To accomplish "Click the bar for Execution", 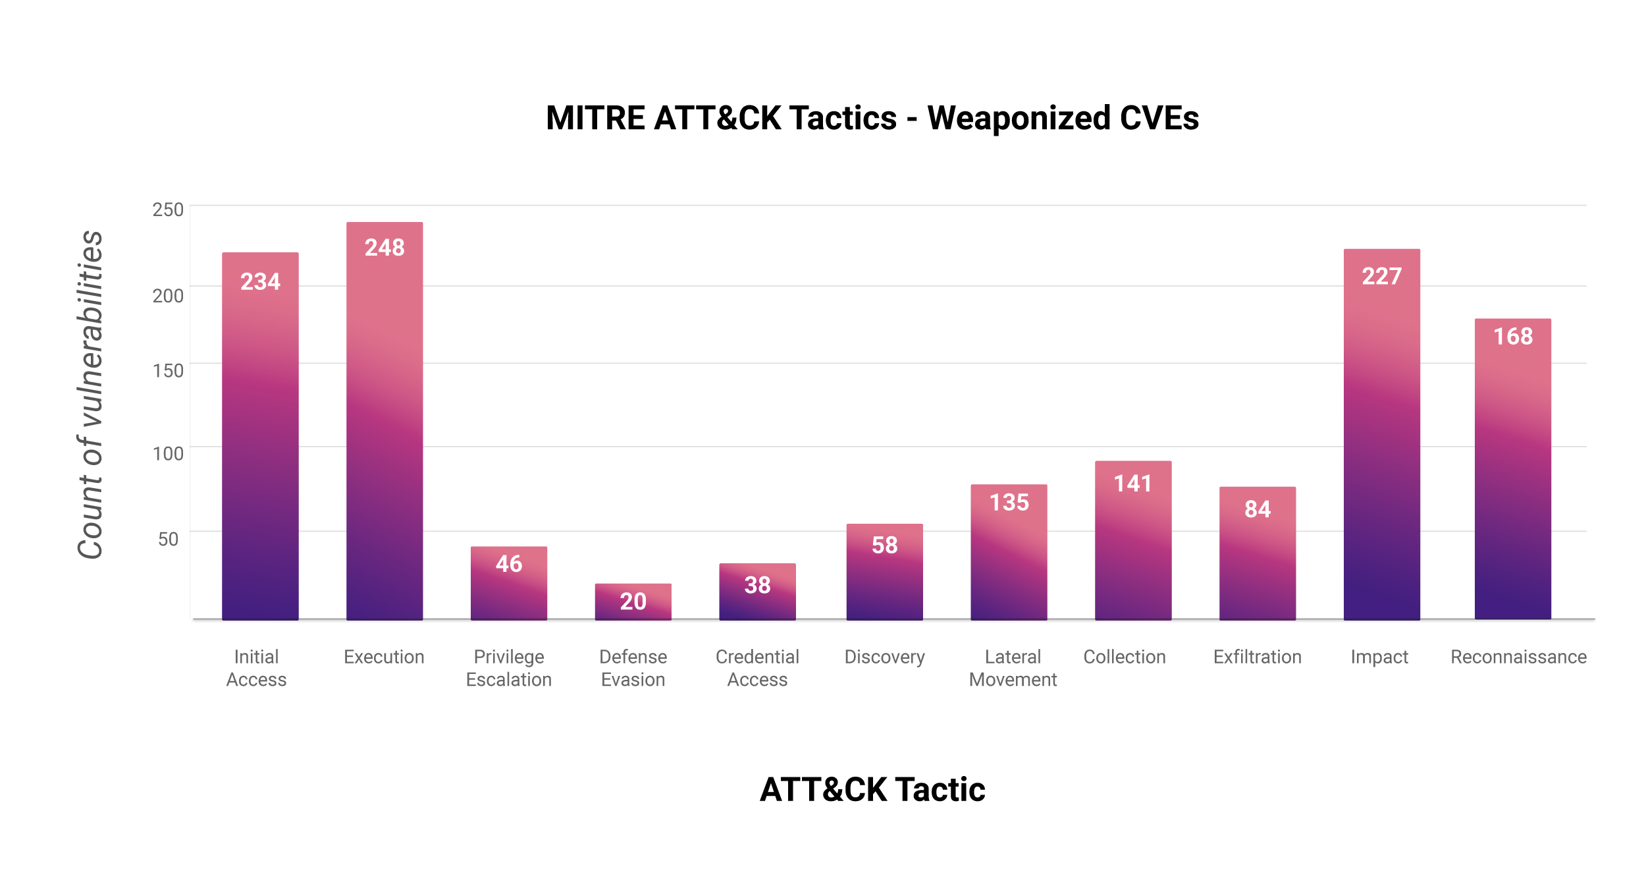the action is point(385,421).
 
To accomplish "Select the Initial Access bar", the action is point(260,436).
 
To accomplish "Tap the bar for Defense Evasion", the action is point(633,602).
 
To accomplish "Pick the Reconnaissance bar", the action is point(1513,469).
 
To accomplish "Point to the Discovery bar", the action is point(885,572).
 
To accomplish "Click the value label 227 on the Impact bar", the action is point(1382,276).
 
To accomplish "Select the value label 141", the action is point(1133,484).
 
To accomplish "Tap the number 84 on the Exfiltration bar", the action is point(1258,509).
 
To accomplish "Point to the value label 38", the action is point(757,585).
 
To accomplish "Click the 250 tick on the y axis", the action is point(168,209).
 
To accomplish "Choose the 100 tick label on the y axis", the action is point(168,453).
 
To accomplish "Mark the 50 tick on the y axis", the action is point(169,539).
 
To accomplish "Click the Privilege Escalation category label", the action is point(509,668).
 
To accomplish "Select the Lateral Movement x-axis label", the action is point(1013,668).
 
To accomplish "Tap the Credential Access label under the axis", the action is point(757,668).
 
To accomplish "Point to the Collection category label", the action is point(1125,657).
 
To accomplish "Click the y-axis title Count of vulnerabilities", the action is point(91,395).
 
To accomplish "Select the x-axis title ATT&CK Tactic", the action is point(872,789).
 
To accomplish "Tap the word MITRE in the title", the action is point(595,119).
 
